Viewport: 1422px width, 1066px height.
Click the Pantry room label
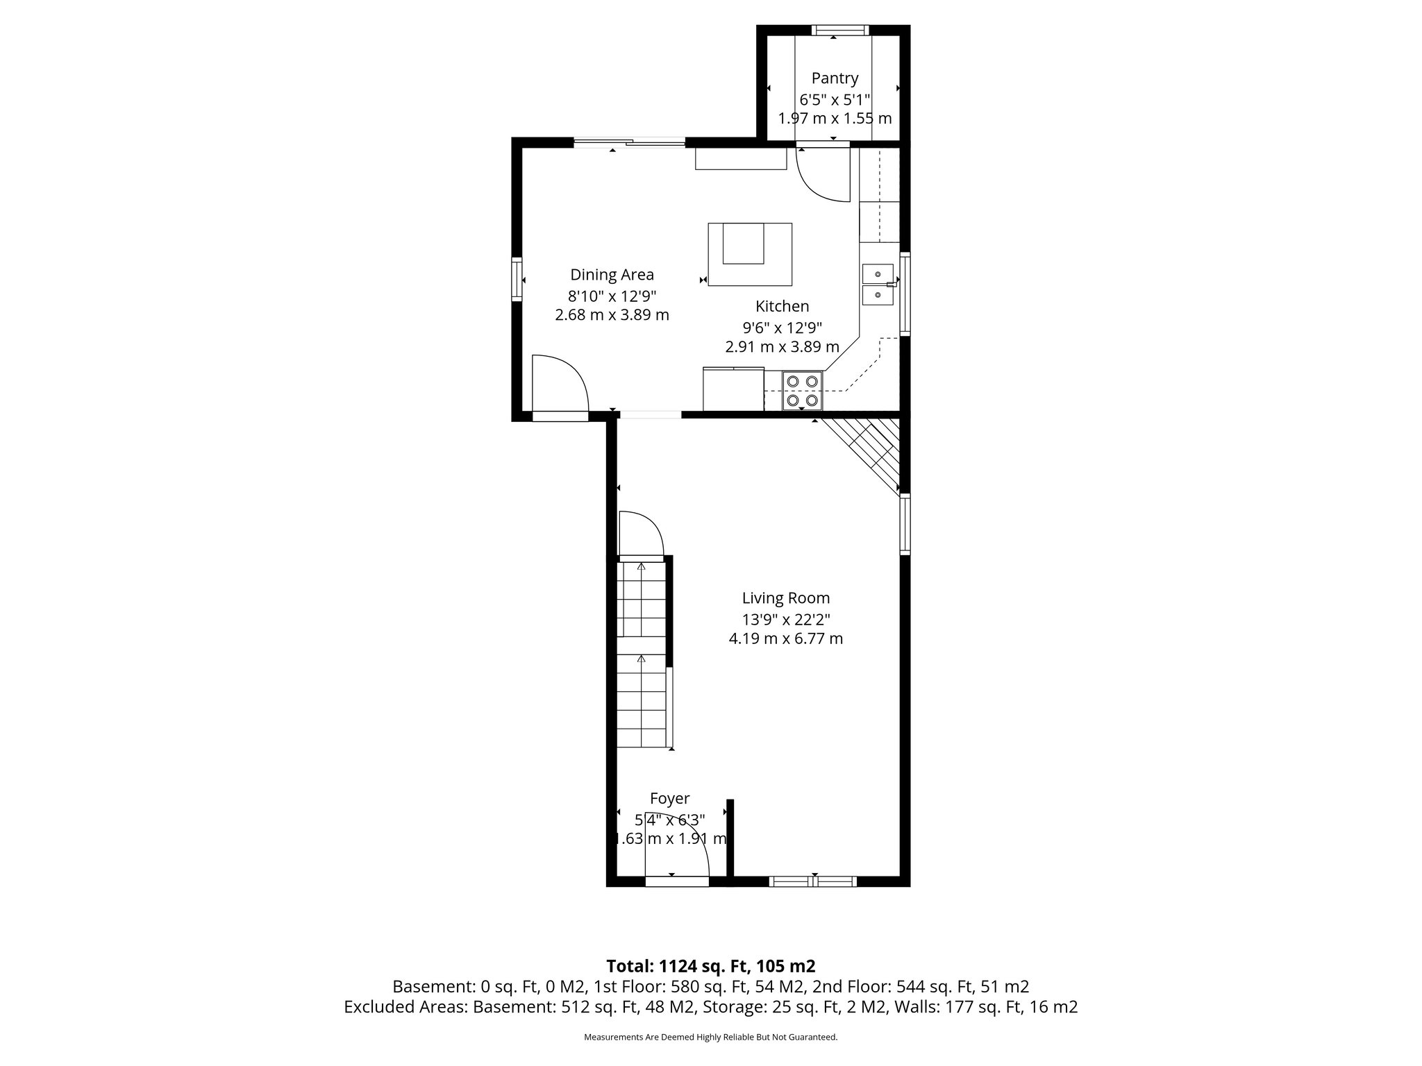tap(835, 78)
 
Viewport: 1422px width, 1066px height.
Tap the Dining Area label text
tap(612, 275)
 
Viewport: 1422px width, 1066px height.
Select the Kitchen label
tap(782, 306)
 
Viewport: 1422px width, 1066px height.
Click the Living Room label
tap(785, 598)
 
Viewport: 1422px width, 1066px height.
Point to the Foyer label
tap(669, 799)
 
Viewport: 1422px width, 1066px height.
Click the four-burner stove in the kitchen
tap(803, 391)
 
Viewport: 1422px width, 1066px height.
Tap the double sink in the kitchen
tap(878, 285)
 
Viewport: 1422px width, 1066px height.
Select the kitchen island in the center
tap(749, 254)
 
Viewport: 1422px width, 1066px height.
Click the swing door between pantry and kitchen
tap(823, 174)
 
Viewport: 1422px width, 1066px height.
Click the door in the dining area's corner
tap(560, 385)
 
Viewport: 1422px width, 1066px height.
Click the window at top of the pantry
tap(839, 30)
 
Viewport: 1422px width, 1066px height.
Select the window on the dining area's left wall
tap(517, 279)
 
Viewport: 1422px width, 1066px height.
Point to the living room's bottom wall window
tap(812, 881)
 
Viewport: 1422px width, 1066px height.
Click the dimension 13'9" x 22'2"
tap(785, 619)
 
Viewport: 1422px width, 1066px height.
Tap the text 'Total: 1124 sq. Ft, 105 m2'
tap(710, 966)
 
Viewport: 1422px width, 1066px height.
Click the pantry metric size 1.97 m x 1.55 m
tap(835, 118)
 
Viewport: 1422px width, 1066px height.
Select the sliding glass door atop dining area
tap(630, 143)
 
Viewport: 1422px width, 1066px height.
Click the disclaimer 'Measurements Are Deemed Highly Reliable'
tap(710, 1037)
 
